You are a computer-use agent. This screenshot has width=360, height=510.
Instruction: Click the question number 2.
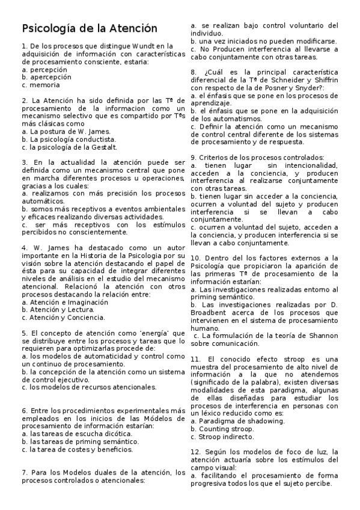pos(23,100)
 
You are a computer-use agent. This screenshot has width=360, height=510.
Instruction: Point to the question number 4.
pos(23,247)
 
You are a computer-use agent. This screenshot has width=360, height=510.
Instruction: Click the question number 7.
pos(23,473)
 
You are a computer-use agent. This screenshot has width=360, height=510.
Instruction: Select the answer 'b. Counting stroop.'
pos(223,429)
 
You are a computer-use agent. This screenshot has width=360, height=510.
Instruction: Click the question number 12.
pos(195,452)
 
